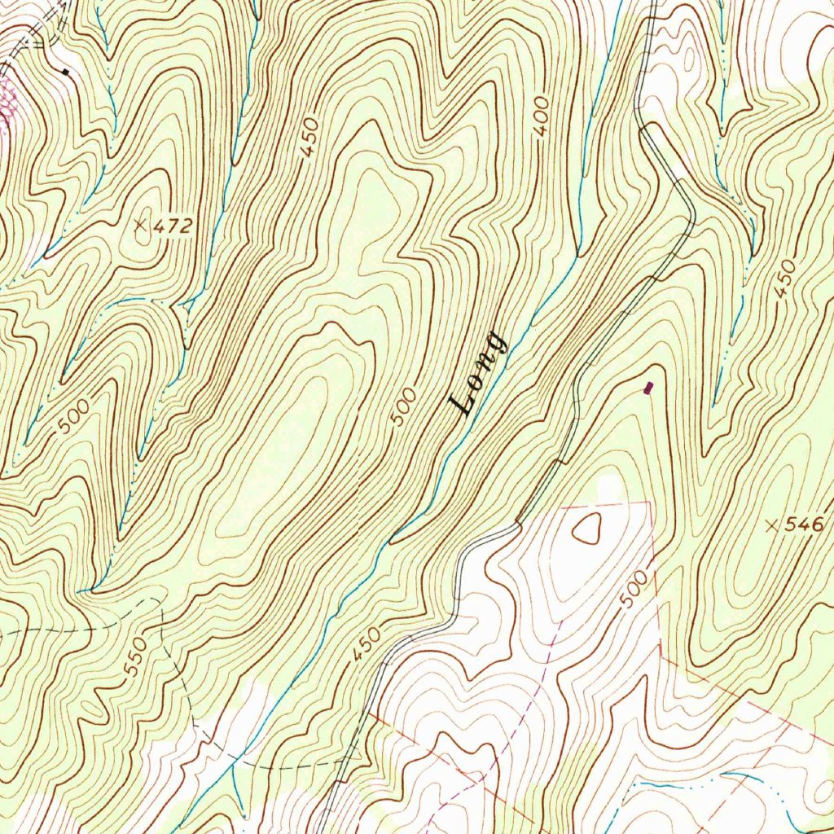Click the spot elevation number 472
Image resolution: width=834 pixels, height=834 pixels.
pos(173,226)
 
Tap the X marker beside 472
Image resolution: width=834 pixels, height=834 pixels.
pos(143,225)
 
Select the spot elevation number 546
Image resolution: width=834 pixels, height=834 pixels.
pos(805,525)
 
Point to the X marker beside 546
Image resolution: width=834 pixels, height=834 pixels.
pos(772,525)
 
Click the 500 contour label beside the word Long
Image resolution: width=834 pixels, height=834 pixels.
pos(404,406)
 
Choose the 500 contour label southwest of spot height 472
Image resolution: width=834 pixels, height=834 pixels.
pos(74,418)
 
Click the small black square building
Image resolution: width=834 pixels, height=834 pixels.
pos(65,72)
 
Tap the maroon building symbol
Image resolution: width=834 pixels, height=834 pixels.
pos(648,388)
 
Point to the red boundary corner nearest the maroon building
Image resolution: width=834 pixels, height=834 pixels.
pos(652,502)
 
